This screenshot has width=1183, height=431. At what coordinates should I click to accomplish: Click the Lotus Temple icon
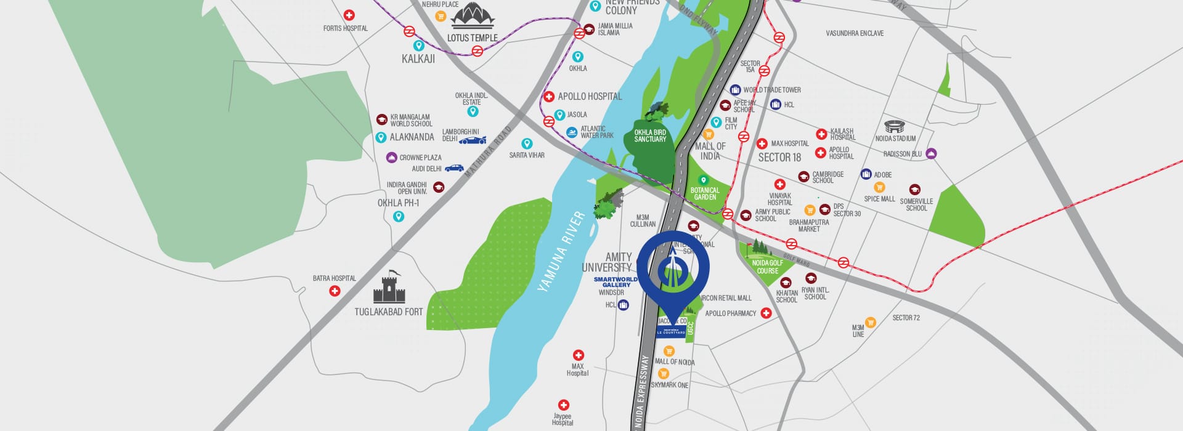473,15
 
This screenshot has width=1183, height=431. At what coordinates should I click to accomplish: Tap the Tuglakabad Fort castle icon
388,288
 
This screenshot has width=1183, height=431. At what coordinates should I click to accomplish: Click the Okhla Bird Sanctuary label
650,136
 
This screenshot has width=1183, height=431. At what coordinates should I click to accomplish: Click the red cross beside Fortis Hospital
349,15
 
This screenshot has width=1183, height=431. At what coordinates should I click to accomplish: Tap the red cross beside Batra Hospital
335,291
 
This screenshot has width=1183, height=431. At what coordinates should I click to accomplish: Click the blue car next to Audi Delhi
454,167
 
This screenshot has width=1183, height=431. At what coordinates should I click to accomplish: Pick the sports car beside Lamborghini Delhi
473,140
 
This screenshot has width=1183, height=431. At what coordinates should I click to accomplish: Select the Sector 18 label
779,158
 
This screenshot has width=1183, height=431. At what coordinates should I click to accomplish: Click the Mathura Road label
488,152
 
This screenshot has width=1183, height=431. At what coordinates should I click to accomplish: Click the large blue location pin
673,271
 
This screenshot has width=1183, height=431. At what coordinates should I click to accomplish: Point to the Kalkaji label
418,59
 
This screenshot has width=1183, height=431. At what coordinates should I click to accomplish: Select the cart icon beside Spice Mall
879,188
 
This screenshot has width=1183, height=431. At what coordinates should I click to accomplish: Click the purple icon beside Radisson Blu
931,153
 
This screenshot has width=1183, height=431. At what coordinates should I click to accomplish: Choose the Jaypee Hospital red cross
563,405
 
